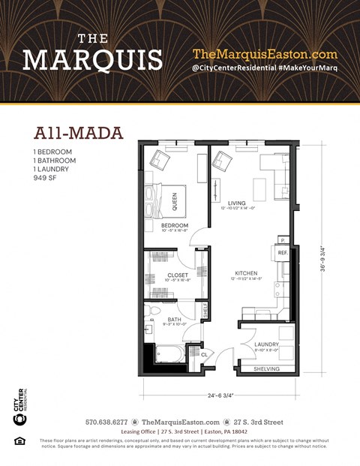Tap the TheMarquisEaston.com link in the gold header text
click(x=265, y=53)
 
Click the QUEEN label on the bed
click(x=174, y=201)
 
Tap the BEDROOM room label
click(x=174, y=225)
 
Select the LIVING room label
click(x=237, y=203)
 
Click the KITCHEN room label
click(x=245, y=273)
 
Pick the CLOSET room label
click(x=177, y=275)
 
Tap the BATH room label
click(x=174, y=319)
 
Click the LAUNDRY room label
click(x=265, y=344)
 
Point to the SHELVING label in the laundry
click(x=265, y=368)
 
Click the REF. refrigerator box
click(x=283, y=254)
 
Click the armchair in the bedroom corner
click(x=161, y=160)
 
